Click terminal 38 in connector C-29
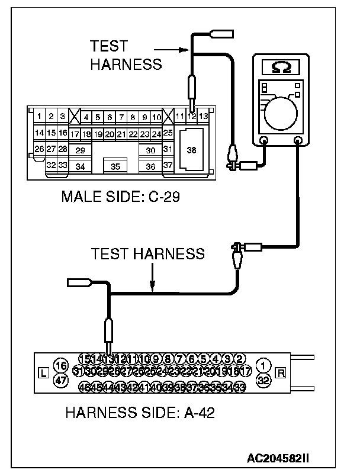pyautogui.click(x=191, y=150)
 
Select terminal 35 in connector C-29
pyautogui.click(x=115, y=166)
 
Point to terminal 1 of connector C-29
pyautogui.click(x=38, y=117)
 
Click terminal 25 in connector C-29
pyautogui.click(x=168, y=133)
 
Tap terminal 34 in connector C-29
pyautogui.click(x=80, y=166)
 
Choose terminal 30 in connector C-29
pyautogui.click(x=150, y=150)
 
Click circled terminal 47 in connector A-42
pyautogui.click(x=60, y=380)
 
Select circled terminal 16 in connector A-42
pyautogui.click(x=60, y=365)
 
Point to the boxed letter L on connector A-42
pyautogui.click(x=42, y=373)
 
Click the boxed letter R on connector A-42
pyautogui.click(x=281, y=373)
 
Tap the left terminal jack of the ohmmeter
pyautogui.click(x=264, y=141)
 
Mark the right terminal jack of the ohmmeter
pyautogui.click(x=298, y=141)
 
